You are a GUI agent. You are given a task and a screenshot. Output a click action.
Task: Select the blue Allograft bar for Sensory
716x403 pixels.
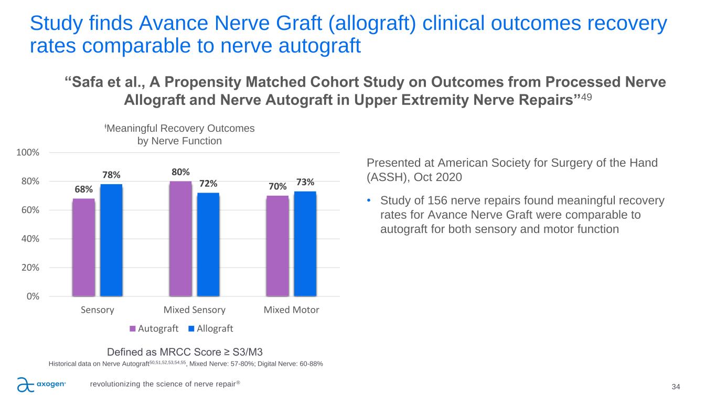tap(111, 240)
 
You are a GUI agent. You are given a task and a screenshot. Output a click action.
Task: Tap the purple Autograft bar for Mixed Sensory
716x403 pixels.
tap(180, 238)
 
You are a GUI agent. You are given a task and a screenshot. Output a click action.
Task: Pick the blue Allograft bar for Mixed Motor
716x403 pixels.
tap(305, 243)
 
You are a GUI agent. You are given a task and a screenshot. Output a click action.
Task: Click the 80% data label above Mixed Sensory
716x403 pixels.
tap(180, 172)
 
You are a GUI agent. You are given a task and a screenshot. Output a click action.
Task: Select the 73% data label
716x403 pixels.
tap(305, 182)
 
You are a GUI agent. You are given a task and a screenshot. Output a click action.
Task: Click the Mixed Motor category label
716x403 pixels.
tap(291, 310)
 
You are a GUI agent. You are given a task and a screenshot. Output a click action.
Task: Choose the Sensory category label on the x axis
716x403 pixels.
tap(98, 310)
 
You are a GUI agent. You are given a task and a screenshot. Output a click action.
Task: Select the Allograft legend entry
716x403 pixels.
tap(211, 328)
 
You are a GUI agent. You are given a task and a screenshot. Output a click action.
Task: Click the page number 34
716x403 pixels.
tap(676, 387)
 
